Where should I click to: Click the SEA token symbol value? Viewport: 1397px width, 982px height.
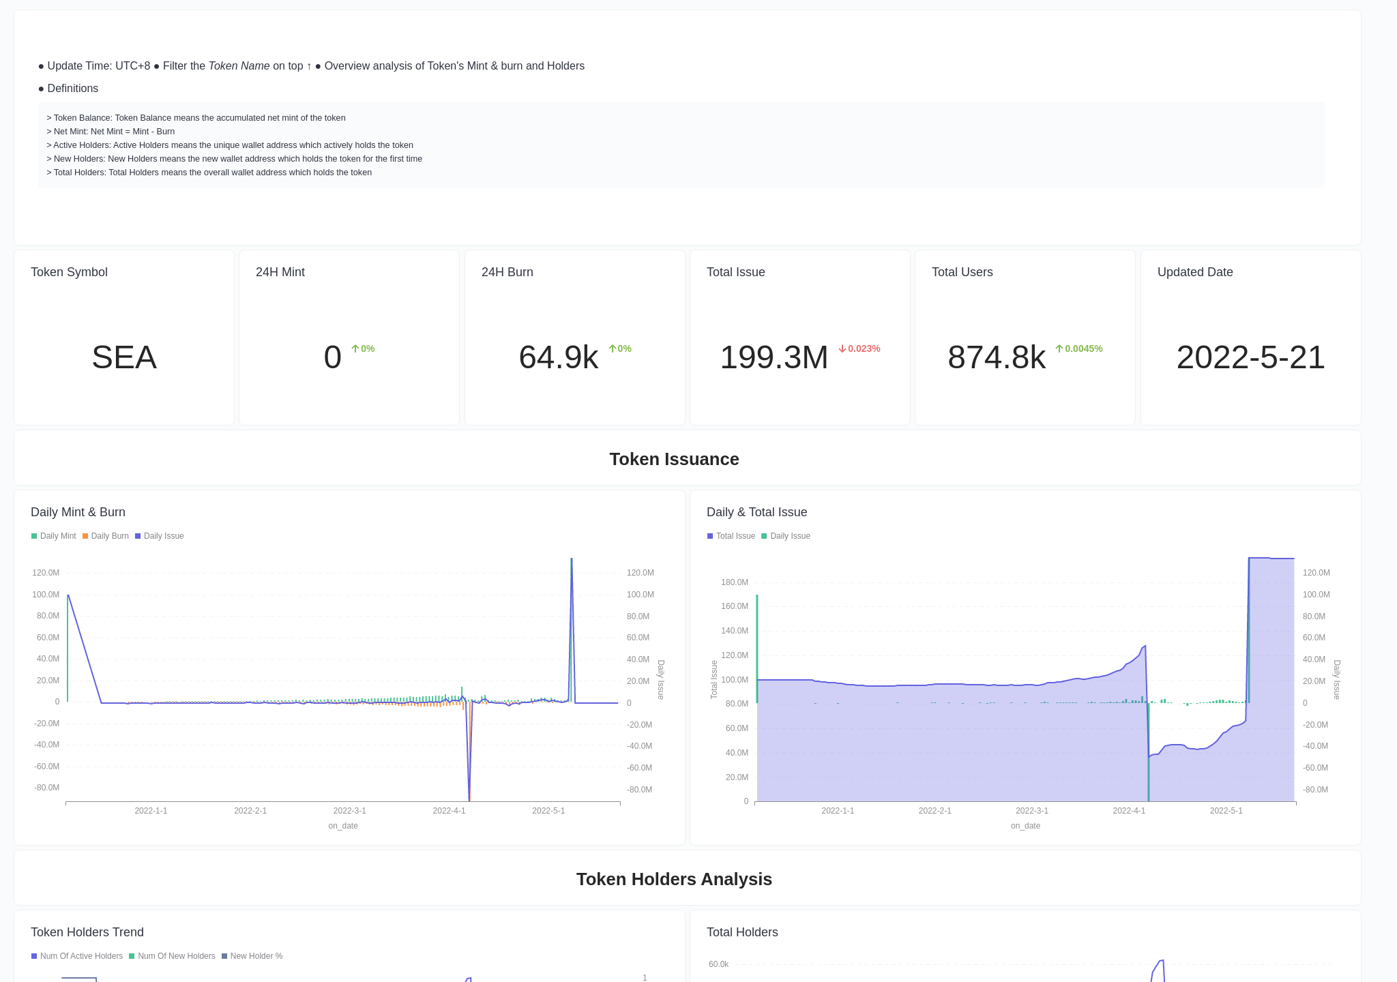point(124,357)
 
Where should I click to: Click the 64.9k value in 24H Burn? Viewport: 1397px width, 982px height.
point(558,357)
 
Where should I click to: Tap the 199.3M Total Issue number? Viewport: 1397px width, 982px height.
point(774,357)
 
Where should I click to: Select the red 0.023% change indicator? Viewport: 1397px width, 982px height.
point(859,348)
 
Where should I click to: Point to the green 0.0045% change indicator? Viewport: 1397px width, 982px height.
point(1079,348)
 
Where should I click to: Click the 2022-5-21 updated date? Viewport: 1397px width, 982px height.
point(1250,357)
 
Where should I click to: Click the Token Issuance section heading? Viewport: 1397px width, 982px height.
point(674,459)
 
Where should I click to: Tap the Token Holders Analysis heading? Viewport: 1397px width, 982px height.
point(674,879)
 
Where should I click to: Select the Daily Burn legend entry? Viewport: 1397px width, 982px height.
point(106,536)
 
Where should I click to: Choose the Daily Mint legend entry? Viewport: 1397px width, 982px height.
point(54,536)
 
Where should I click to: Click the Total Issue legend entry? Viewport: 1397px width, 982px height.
point(731,536)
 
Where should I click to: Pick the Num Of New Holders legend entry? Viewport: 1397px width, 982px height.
point(172,956)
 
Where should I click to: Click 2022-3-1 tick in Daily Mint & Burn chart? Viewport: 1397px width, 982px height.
point(349,811)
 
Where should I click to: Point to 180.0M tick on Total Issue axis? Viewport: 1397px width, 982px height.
point(734,582)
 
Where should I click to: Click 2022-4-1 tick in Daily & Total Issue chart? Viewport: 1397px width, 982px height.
point(1129,811)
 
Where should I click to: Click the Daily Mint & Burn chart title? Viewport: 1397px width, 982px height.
point(78,512)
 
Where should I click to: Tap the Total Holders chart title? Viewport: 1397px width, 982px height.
point(742,932)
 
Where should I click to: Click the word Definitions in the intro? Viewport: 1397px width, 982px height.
point(72,89)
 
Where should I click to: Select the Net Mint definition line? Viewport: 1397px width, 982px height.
point(111,132)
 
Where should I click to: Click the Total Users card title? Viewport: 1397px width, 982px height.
point(962,272)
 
